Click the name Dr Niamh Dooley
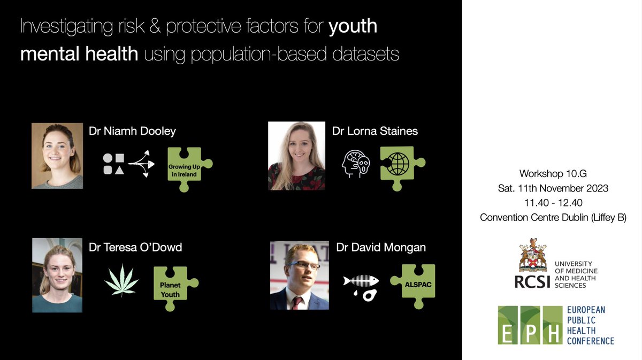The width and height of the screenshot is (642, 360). click(x=132, y=132)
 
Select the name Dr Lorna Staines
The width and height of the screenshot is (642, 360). click(x=374, y=131)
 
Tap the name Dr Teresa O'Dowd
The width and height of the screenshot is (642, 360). click(x=136, y=247)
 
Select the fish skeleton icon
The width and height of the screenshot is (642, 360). click(x=361, y=281)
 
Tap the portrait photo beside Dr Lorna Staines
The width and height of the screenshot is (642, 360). click(x=296, y=156)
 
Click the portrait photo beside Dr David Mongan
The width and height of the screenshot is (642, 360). click(x=299, y=275)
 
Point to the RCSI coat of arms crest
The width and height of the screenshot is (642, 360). click(x=532, y=256)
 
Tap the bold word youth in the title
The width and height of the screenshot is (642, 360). click(x=353, y=27)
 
